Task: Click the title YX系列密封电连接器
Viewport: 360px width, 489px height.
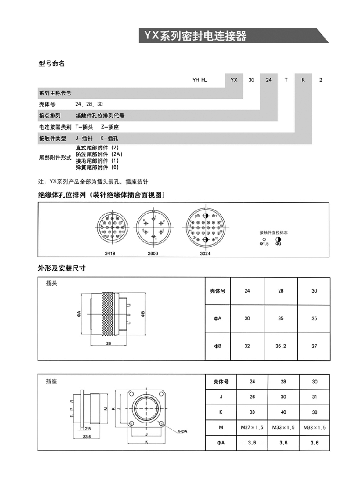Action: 195,36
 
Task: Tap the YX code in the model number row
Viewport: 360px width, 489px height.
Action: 234,80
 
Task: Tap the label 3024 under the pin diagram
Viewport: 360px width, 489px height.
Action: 205,253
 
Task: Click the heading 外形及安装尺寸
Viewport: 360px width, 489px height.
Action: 61,268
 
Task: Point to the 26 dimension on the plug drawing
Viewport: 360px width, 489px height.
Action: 109,344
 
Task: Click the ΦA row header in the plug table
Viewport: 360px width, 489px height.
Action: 218,319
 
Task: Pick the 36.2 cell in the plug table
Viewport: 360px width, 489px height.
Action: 281,346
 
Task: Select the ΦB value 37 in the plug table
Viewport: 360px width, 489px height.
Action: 314,346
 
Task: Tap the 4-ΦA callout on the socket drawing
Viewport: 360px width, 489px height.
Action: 182,430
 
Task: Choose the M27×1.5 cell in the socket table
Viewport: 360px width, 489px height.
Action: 252,428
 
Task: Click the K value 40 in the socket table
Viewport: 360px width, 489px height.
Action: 281,412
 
